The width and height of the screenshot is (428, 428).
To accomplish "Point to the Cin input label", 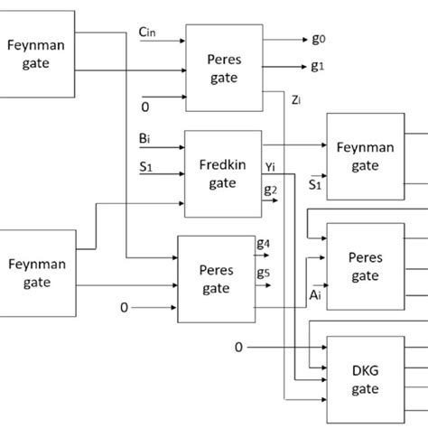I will coord(148,33).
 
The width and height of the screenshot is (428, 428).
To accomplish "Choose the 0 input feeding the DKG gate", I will coord(238,347).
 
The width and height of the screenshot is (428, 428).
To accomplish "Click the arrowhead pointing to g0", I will coord(305,38).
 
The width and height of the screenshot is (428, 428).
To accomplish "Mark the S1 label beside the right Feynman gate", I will coord(315,185).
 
